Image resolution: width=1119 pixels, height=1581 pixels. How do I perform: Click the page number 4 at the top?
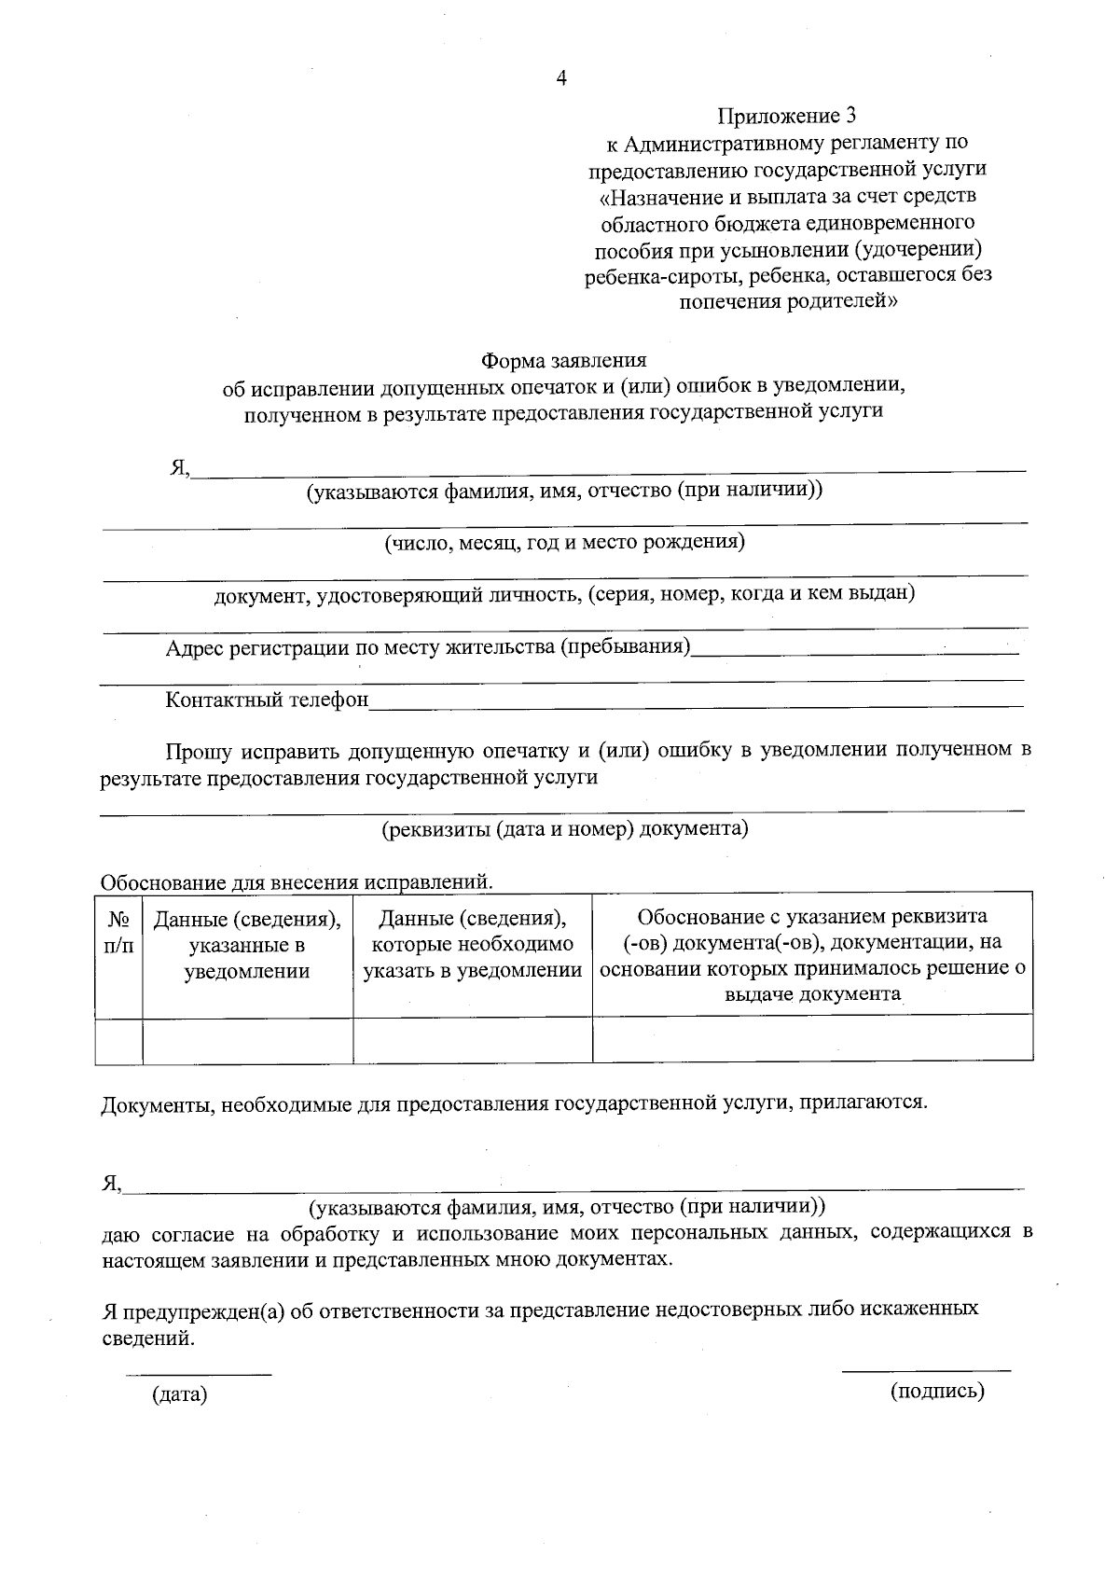coord(561,79)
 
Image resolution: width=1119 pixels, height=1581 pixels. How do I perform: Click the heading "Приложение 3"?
coord(786,117)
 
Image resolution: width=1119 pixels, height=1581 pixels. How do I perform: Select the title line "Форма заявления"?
coord(563,360)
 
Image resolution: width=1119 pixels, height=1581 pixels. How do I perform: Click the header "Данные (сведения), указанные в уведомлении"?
coord(247,945)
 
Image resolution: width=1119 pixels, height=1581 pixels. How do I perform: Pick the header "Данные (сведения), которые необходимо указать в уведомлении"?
coord(473,945)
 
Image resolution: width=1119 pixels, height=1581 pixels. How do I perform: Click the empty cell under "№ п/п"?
coord(118,1038)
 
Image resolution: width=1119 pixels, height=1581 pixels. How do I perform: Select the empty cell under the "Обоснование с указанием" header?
coord(812,1038)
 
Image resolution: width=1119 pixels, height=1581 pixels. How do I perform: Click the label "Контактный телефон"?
coord(267,700)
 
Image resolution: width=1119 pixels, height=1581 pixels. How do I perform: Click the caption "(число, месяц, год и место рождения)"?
coord(565,542)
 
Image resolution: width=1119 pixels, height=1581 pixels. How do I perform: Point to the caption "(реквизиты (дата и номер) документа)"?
coord(565,828)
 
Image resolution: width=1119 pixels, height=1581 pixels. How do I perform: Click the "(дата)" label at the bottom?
coord(179,1394)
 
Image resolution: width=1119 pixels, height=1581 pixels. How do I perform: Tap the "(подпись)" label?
coord(937,1392)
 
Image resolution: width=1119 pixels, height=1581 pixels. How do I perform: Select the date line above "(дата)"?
coord(199,1374)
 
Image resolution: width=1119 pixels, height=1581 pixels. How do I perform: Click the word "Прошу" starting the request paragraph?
coord(198,750)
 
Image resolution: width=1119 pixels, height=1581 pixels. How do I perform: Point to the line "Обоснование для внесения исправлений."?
coord(297,881)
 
